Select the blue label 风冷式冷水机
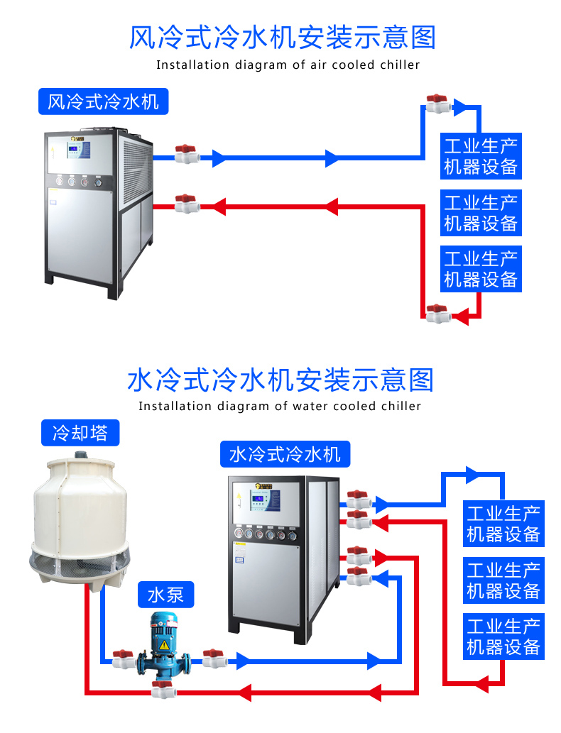[103, 101]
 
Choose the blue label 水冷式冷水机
[285, 453]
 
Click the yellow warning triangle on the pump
[164, 644]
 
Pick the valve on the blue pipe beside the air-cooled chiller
[186, 154]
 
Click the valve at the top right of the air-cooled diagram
[437, 104]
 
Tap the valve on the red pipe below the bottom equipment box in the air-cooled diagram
[437, 313]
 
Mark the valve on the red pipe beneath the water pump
[163, 688]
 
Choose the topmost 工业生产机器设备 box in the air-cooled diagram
[481, 156]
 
